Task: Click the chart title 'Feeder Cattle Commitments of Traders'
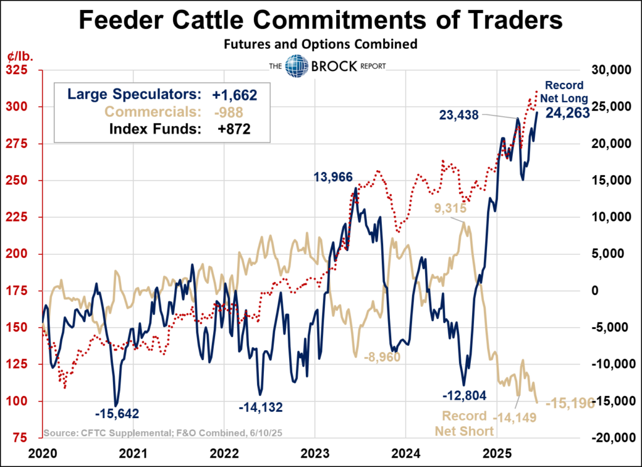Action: click(320, 22)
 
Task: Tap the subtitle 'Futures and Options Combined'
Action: click(320, 45)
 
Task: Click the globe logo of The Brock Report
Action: click(295, 65)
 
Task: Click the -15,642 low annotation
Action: click(117, 414)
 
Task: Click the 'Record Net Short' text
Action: click(465, 424)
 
